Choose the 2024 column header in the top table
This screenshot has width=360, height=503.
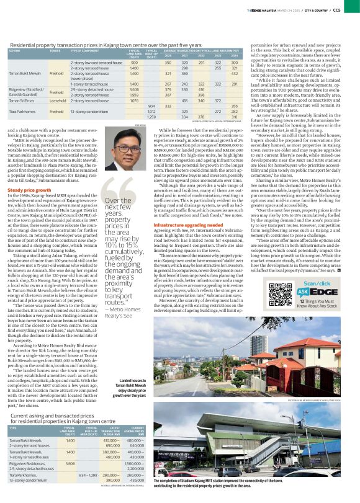tap(234, 55)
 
